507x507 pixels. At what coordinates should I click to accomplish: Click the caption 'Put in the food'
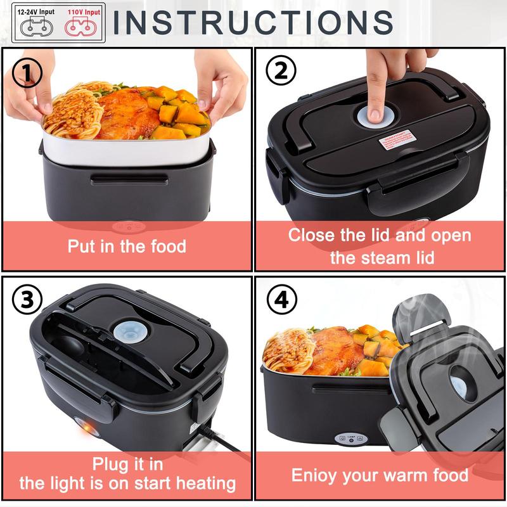click(x=127, y=246)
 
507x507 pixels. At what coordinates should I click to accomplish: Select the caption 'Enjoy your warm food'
click(x=380, y=475)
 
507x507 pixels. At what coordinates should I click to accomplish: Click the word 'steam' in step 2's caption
click(x=382, y=257)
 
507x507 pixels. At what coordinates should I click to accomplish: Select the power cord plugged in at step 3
click(x=215, y=441)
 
